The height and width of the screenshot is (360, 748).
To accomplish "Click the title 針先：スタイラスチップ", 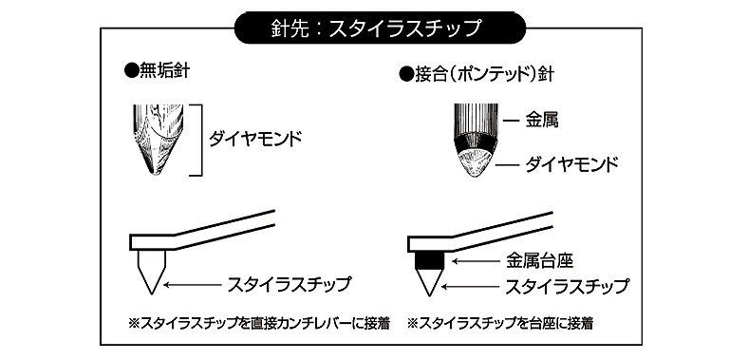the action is point(380,28).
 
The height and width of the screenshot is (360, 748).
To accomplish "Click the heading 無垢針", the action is point(157,71).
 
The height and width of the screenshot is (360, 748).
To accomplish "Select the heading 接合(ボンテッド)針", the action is point(477,74).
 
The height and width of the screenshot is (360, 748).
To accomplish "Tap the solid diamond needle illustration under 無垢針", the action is point(158,139).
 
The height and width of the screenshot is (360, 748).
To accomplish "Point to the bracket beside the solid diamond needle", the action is point(201,140).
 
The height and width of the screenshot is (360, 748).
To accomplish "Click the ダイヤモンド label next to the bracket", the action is point(255,140).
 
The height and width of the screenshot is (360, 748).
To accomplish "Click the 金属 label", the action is point(541,121).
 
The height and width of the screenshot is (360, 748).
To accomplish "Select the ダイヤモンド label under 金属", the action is point(571,164).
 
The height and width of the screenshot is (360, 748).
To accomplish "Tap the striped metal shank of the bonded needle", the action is point(476,120).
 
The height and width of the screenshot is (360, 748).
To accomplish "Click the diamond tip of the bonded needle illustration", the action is point(475,163).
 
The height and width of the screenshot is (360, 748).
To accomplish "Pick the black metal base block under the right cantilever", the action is point(430,260).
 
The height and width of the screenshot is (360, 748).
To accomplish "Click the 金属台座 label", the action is point(538,261).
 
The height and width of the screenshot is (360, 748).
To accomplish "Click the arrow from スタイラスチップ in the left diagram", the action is point(193,285).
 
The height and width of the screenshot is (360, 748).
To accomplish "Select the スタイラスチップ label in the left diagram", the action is point(290,285).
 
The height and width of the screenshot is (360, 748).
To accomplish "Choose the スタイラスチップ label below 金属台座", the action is point(567,287).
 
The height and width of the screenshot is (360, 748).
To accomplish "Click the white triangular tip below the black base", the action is point(430,282).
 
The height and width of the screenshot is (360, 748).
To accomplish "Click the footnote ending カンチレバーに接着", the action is point(259,324).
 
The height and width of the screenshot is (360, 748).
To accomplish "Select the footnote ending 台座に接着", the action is point(499,324).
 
